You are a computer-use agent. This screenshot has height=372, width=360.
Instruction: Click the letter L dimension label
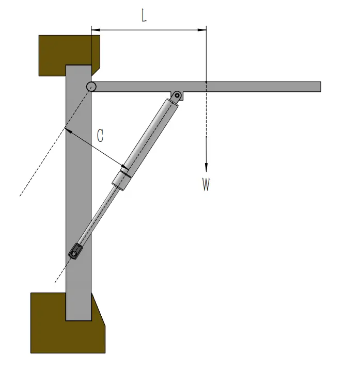tap(144, 15)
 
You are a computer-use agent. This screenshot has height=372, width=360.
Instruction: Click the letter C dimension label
tap(101, 136)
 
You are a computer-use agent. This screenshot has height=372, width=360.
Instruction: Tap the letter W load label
tap(206, 185)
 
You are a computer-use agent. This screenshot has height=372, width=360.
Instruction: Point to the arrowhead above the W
tap(206, 167)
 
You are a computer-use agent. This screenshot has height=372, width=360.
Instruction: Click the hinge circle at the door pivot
tap(91, 87)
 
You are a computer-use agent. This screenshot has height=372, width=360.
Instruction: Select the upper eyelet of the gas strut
tap(177, 95)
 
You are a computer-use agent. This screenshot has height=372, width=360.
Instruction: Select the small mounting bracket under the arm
tap(177, 96)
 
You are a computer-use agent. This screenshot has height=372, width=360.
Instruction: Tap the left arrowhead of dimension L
tap(95, 29)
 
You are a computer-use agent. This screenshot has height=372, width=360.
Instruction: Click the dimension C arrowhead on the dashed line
tap(68, 131)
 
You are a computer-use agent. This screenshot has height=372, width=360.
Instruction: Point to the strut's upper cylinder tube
tap(149, 132)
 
